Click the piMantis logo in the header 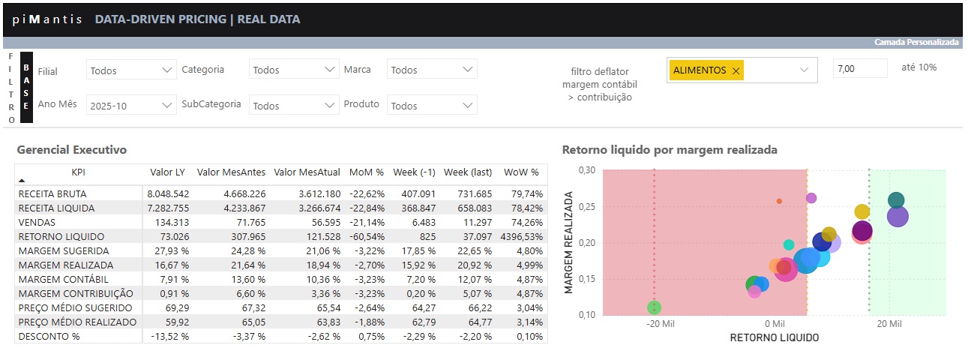47,19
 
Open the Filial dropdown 131,70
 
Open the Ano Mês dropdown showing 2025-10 131,106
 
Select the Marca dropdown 432,70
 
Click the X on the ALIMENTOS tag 736,70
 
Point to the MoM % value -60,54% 367,236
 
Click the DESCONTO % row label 49,336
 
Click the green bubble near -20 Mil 654,307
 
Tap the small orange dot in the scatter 779,201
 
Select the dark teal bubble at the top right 896,200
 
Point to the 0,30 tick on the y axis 586,170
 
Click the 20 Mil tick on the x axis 889,324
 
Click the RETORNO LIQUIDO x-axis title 774,337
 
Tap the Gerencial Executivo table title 72,150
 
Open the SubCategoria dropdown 294,106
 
